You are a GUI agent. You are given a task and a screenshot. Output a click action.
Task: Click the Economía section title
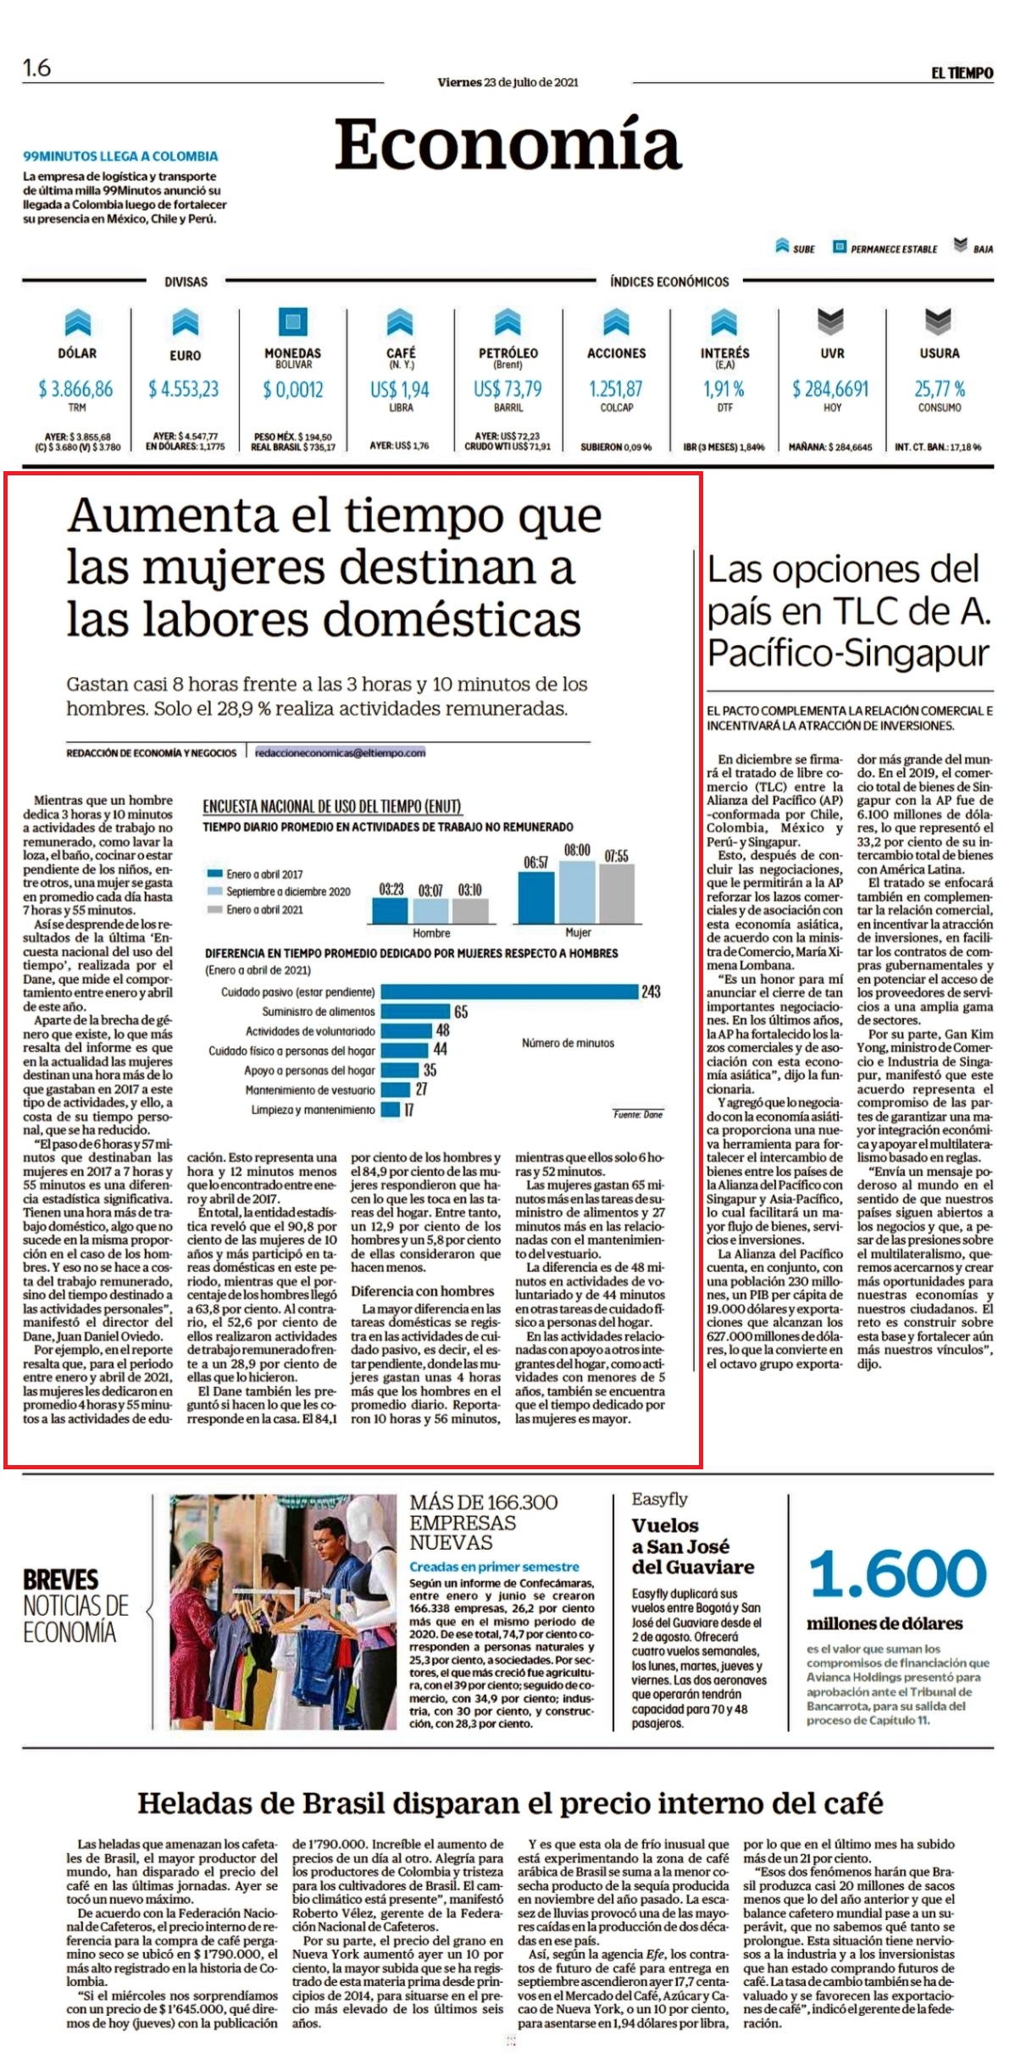point(508,144)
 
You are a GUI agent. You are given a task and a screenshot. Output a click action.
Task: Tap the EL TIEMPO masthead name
point(962,74)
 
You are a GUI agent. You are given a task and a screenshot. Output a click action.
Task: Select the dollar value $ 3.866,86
point(75,389)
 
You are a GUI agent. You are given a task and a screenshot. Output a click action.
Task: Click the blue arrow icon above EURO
point(185,323)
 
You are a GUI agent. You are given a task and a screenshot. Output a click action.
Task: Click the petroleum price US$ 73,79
point(508,389)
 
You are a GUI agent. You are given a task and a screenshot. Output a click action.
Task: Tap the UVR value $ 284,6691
point(830,389)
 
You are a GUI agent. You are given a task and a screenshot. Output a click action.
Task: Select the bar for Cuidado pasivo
point(509,991)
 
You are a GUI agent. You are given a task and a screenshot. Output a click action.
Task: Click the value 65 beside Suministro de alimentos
point(461,1012)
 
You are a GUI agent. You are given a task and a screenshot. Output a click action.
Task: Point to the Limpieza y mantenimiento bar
point(391,1109)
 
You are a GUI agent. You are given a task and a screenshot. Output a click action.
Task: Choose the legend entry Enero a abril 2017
point(255,874)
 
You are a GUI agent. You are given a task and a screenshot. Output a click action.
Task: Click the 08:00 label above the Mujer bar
point(577,850)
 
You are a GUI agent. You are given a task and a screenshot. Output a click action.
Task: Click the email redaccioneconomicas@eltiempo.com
point(341,752)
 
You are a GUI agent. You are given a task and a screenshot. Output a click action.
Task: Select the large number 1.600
point(897,1574)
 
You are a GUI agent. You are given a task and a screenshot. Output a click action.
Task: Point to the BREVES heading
point(61,1580)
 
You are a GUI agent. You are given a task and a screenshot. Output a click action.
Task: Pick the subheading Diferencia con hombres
point(423,1291)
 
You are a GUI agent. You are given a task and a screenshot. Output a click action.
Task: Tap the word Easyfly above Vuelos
point(659,1499)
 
